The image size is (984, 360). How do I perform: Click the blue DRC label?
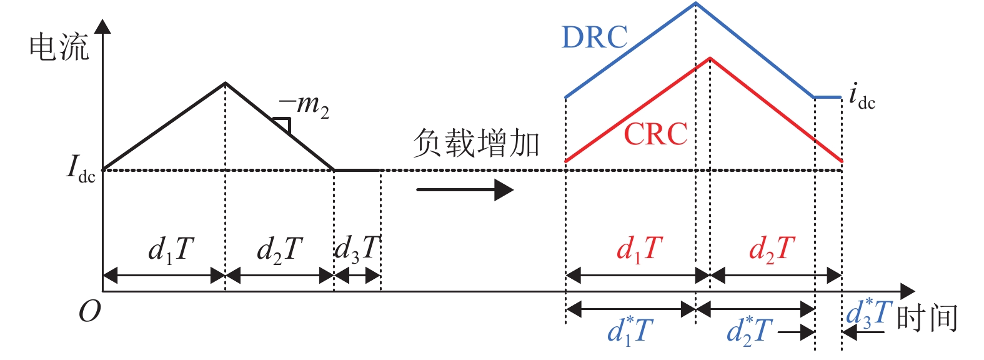(x=594, y=37)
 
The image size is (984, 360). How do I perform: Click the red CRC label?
(x=655, y=134)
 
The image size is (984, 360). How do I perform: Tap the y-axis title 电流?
(x=59, y=48)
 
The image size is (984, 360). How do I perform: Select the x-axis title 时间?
(x=927, y=318)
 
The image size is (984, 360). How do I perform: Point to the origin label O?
(x=89, y=311)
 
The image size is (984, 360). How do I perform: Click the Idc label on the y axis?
(x=81, y=169)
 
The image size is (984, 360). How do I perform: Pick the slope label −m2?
(x=304, y=105)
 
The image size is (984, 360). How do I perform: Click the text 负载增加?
(x=476, y=143)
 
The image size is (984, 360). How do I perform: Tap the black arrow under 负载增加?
(x=465, y=189)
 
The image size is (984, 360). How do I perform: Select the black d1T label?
(x=171, y=249)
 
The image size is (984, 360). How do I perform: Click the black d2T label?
(x=280, y=249)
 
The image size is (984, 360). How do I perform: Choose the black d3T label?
(x=357, y=248)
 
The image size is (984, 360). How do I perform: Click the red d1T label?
(x=639, y=249)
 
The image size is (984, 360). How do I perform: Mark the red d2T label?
(x=772, y=249)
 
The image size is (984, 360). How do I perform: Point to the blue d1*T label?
(x=630, y=330)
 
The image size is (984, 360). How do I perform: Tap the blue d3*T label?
(x=867, y=313)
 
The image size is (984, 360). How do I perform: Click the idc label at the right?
(x=862, y=97)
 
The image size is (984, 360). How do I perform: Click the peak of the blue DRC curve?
(x=696, y=3)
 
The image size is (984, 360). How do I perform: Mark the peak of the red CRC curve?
(x=710, y=58)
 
